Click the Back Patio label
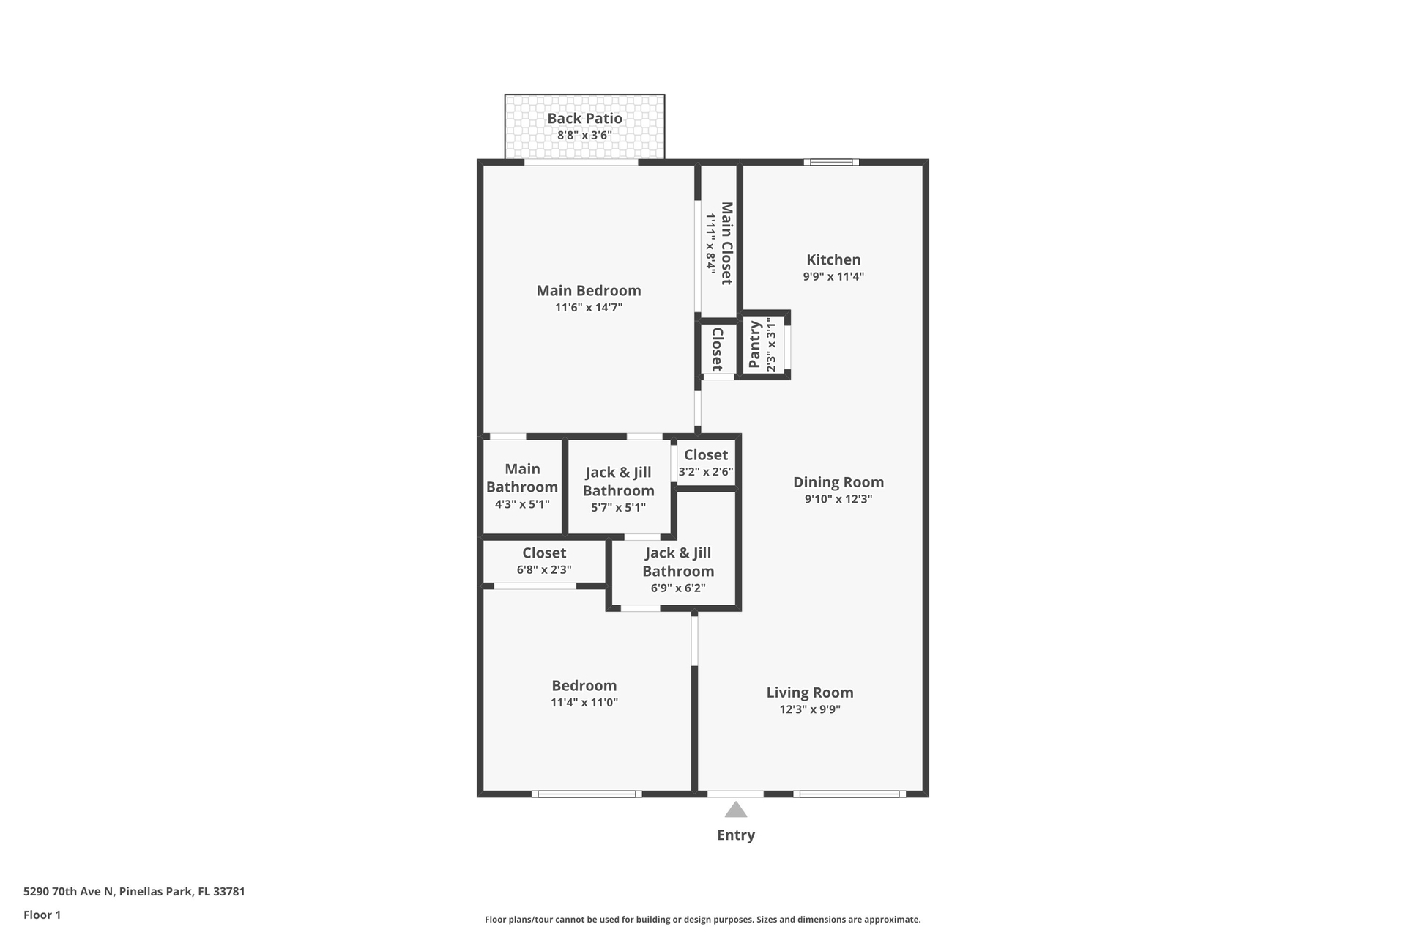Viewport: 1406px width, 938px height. [584, 119]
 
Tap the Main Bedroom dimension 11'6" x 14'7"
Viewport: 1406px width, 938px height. [589, 308]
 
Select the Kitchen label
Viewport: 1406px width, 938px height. [833, 259]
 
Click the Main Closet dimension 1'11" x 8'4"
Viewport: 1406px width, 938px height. [710, 243]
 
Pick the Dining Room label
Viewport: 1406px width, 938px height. [838, 482]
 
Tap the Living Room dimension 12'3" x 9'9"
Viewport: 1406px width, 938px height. [810, 709]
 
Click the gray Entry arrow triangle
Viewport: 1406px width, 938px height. [735, 810]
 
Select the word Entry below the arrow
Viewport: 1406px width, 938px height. [735, 835]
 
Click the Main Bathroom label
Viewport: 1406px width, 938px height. [522, 478]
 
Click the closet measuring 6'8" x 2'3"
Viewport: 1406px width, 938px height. [544, 561]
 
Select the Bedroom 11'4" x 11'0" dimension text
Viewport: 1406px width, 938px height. [584, 703]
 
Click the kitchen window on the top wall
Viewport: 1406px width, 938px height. [831, 162]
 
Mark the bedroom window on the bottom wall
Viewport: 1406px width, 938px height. [587, 794]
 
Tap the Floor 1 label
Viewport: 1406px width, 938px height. [42, 915]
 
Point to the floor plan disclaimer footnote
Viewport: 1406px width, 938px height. [702, 920]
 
